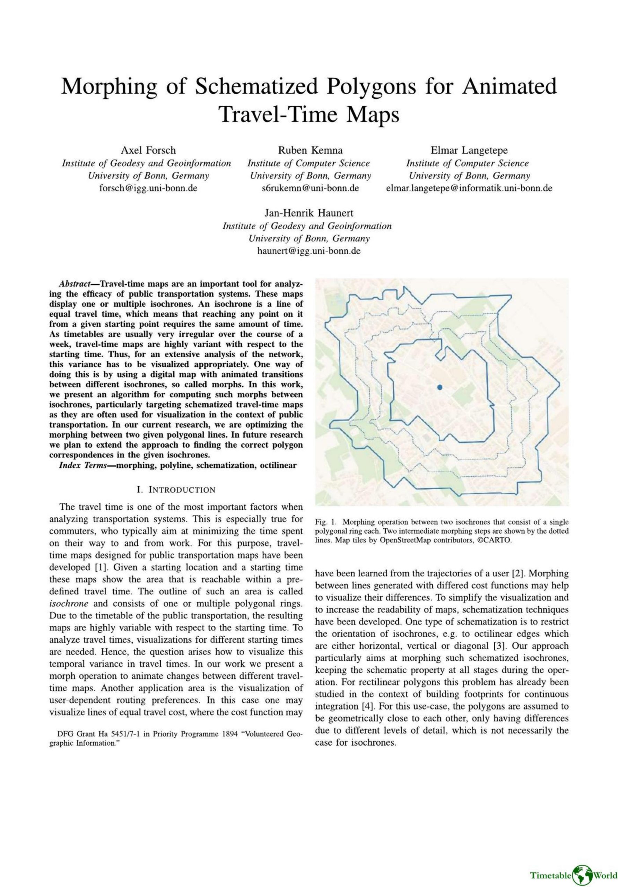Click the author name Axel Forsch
click(x=148, y=150)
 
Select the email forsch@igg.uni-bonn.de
click(x=148, y=188)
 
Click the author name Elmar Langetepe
click(x=469, y=150)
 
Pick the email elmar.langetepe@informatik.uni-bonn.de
click(x=469, y=188)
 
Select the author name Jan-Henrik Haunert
click(x=309, y=213)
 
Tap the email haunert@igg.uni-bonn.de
click(x=309, y=251)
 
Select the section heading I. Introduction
click(x=176, y=490)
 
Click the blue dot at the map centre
click(x=439, y=387)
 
